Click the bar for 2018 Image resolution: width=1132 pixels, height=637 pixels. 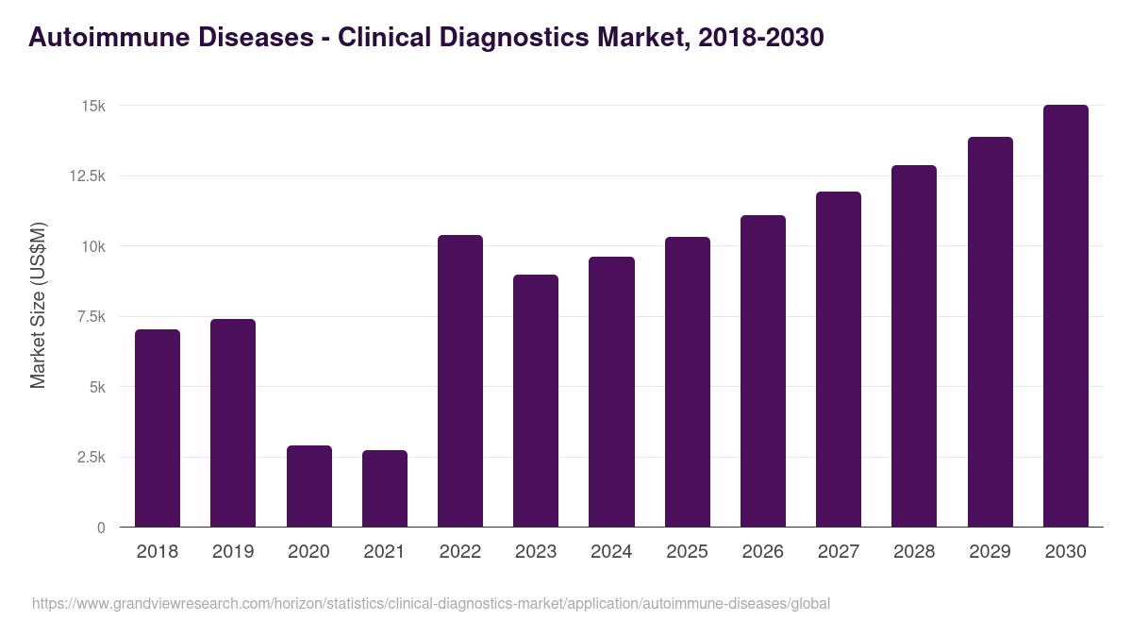tap(158, 428)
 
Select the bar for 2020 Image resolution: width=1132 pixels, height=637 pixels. tap(309, 486)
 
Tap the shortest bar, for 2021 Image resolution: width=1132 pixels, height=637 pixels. tap(385, 489)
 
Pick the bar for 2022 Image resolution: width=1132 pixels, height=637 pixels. tap(460, 381)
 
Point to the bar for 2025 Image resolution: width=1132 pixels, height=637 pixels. tap(688, 382)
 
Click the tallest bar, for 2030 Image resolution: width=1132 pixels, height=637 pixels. tap(1066, 316)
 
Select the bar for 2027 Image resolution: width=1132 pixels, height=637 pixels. tap(839, 360)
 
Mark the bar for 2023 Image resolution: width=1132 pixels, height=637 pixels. tap(536, 401)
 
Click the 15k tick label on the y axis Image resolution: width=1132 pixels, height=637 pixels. tap(92, 106)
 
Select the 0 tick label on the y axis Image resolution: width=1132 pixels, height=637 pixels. tap(101, 528)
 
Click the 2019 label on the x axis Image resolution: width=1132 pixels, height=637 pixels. tap(233, 552)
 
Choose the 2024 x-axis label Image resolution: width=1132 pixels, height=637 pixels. tap(611, 552)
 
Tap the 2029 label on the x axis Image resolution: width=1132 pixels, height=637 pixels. tap(990, 552)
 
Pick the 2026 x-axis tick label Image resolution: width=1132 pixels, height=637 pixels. tap(763, 552)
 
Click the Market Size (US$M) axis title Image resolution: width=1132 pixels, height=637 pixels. tap(38, 306)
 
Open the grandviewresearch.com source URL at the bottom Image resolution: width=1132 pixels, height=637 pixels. tap(431, 603)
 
